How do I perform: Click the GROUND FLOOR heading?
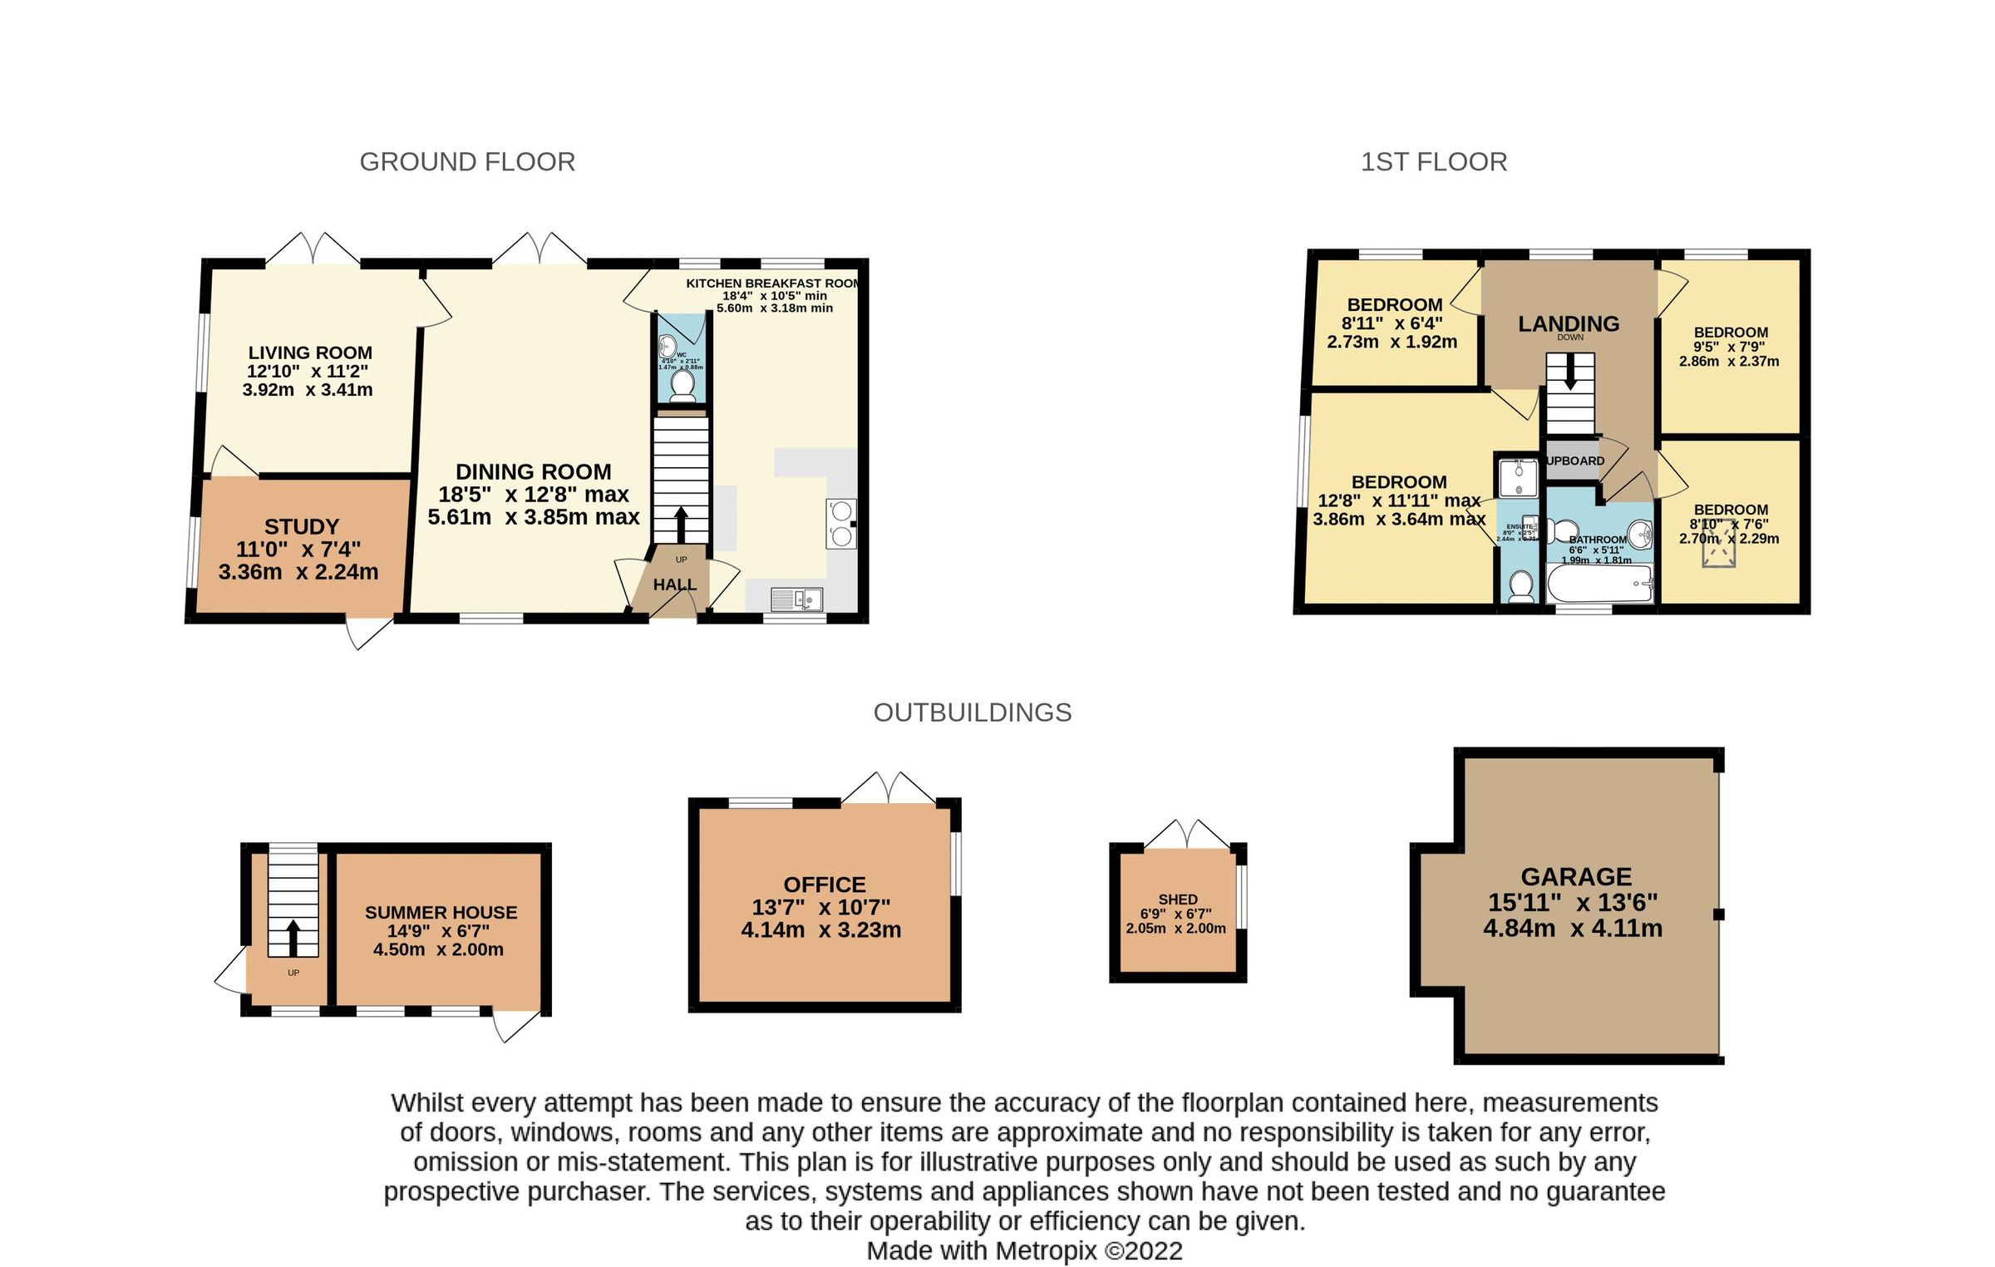[467, 161]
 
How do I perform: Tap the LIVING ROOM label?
[310, 352]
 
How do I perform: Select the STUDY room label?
[302, 527]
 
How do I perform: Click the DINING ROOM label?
[534, 472]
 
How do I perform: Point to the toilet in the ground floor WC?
[682, 385]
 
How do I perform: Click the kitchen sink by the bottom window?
[796, 599]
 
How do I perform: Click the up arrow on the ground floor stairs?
[681, 525]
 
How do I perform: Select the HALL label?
[674, 585]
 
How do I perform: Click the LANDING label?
[1569, 324]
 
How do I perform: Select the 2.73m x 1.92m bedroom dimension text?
[1392, 342]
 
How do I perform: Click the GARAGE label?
[1576, 877]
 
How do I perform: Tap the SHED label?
[1178, 900]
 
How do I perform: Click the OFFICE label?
[825, 885]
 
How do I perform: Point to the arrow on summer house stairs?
[293, 938]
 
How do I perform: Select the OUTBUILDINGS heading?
[973, 712]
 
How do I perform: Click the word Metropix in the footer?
[1046, 1250]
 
